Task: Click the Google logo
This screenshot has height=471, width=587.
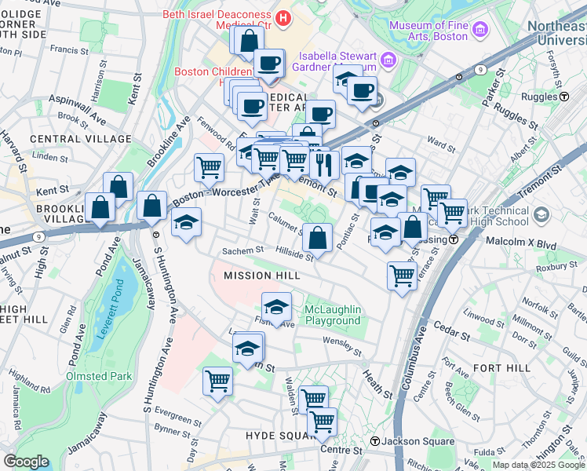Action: coord(26,462)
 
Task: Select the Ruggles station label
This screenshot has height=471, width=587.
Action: coord(542,97)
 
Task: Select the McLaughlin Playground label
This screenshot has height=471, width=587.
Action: coord(332,314)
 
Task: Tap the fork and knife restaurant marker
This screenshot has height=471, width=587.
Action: coord(323,164)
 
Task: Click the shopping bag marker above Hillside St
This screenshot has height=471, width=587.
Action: coord(316,236)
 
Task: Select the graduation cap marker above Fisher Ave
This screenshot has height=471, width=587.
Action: coord(275,305)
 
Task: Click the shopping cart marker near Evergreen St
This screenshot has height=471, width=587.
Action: coord(217,381)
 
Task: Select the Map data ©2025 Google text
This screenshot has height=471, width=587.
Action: coord(538,465)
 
